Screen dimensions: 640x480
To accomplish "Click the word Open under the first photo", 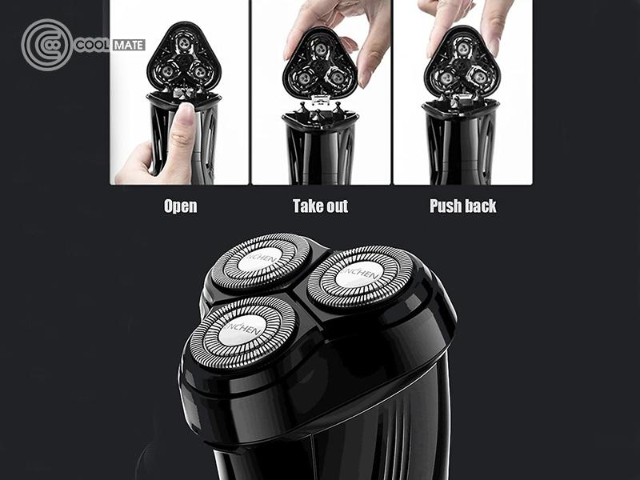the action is click(x=181, y=206).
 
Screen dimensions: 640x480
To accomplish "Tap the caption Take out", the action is click(x=321, y=206).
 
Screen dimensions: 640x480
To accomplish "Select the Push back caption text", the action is click(x=463, y=206).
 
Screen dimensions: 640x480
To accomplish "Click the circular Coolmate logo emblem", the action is click(x=47, y=45).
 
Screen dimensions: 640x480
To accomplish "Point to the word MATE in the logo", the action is click(x=129, y=45).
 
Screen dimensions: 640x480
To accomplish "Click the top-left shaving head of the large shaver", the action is click(x=262, y=262).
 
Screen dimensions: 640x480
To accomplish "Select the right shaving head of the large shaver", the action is click(x=360, y=276).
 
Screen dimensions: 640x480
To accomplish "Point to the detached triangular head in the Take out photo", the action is click(x=321, y=62).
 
